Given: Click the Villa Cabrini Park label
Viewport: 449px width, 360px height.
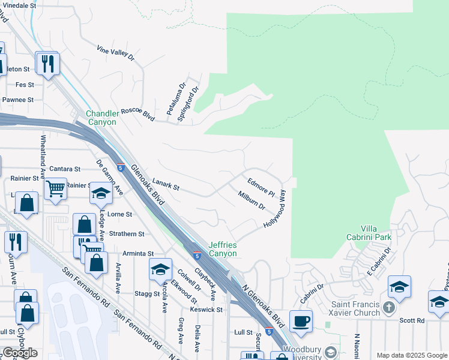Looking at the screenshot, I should [376, 233].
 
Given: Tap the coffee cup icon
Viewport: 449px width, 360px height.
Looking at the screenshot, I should [301, 320].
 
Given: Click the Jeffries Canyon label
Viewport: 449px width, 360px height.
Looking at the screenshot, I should [223, 249].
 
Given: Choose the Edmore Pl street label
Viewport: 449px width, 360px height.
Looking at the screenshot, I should [261, 186].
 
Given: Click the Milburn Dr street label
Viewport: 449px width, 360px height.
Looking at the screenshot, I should [252, 201].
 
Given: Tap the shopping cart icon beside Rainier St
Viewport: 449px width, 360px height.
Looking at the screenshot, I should [55, 188].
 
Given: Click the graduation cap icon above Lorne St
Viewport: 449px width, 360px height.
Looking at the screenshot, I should [101, 193].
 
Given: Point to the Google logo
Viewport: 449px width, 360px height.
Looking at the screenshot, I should [20, 352].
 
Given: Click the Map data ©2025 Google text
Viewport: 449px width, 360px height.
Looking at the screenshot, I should [411, 355].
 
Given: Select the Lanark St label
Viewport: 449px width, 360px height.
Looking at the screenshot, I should [166, 187].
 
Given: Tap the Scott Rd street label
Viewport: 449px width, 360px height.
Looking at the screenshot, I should [412, 320].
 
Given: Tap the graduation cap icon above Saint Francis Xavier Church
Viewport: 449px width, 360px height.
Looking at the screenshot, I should [399, 287].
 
